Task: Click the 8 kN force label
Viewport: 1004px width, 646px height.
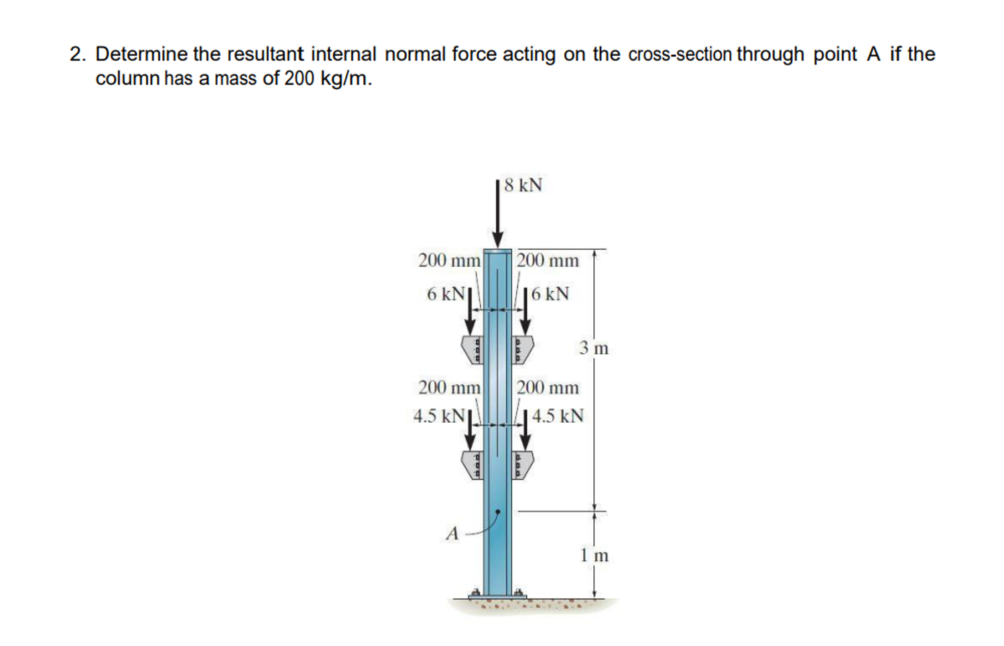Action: [x=523, y=185]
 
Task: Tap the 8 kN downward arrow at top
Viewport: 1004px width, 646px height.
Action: [x=497, y=213]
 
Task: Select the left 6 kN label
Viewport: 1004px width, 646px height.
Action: [x=446, y=294]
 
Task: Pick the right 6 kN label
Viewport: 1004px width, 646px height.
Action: [x=550, y=294]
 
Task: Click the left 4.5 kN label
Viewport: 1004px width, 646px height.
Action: [x=439, y=416]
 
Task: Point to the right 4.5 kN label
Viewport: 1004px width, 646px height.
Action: [x=558, y=416]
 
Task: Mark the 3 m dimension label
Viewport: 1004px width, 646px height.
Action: [x=594, y=348]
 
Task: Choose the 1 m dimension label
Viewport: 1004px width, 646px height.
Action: [x=594, y=556]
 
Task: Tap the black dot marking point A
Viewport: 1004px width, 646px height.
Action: [x=497, y=511]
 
